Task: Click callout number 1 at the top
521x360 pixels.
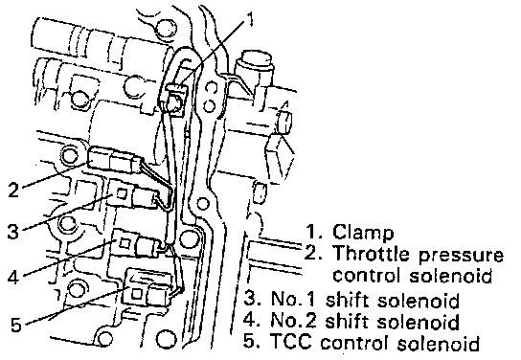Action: click(250, 19)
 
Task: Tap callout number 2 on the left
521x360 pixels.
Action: click(13, 190)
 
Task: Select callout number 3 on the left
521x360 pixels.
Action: click(13, 231)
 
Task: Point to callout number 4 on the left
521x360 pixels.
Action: click(13, 277)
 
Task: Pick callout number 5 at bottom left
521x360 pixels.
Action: click(16, 325)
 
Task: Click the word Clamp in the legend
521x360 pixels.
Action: click(363, 232)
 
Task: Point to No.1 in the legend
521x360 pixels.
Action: click(292, 299)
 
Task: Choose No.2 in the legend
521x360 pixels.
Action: click(292, 320)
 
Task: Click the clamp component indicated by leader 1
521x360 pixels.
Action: click(174, 100)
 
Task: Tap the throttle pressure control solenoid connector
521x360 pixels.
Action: click(112, 160)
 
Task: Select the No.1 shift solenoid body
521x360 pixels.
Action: click(133, 196)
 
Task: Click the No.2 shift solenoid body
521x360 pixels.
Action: click(136, 245)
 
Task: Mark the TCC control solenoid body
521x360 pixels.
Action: click(148, 288)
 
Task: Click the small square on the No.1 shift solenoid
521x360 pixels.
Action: click(122, 193)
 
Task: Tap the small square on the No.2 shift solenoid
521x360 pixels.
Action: click(125, 243)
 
